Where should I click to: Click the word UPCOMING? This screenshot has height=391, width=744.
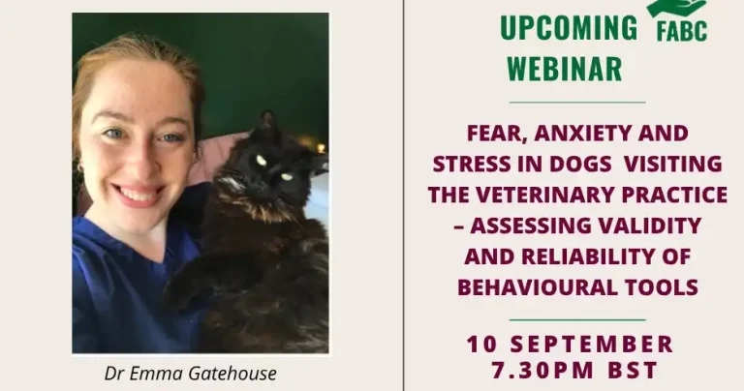coord(569,29)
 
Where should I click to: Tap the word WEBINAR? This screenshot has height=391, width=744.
coord(564,70)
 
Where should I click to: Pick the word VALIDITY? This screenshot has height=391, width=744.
coord(653,226)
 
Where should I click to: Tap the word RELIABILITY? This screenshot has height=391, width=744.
coord(602,256)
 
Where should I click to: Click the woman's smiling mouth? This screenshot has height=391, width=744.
coord(141,195)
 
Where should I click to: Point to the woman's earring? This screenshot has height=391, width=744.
coord(80,166)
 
